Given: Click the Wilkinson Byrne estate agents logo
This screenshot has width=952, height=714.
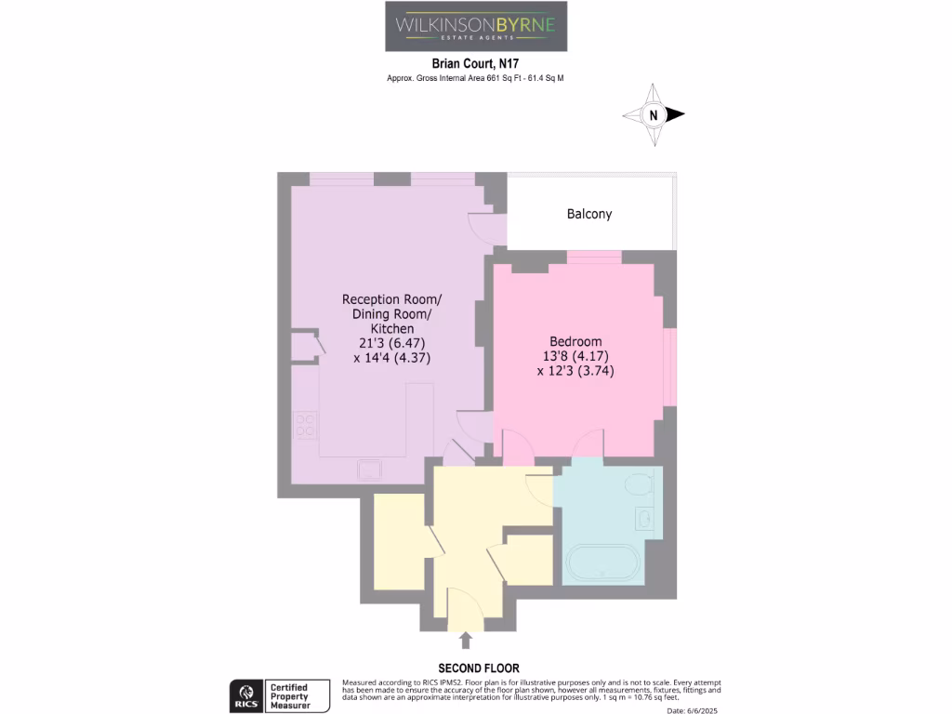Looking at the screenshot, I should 476,26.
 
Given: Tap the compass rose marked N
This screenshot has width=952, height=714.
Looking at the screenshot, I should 654,115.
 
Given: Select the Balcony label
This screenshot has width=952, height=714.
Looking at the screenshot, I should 589,214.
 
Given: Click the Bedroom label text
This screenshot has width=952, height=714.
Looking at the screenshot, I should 575,341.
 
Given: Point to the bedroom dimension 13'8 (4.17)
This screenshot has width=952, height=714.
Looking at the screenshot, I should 575,355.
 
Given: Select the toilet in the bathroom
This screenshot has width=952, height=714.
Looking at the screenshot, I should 638,483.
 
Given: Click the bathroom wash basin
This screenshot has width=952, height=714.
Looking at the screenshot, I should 644,517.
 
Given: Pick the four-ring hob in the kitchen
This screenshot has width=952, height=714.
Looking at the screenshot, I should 305,426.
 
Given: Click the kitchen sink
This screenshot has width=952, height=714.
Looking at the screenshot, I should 370,469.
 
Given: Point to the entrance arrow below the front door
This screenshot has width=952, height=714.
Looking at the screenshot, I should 465,639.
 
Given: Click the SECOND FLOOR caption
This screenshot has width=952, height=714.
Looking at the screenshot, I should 479,668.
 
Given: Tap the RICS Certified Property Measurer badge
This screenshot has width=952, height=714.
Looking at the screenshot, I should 281,695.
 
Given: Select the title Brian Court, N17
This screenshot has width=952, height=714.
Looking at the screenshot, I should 475,64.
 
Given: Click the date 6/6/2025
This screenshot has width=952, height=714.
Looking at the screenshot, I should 693,710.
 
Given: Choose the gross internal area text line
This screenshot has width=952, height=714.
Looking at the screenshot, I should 475,79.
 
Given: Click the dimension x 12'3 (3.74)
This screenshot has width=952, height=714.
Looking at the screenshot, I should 575,370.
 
